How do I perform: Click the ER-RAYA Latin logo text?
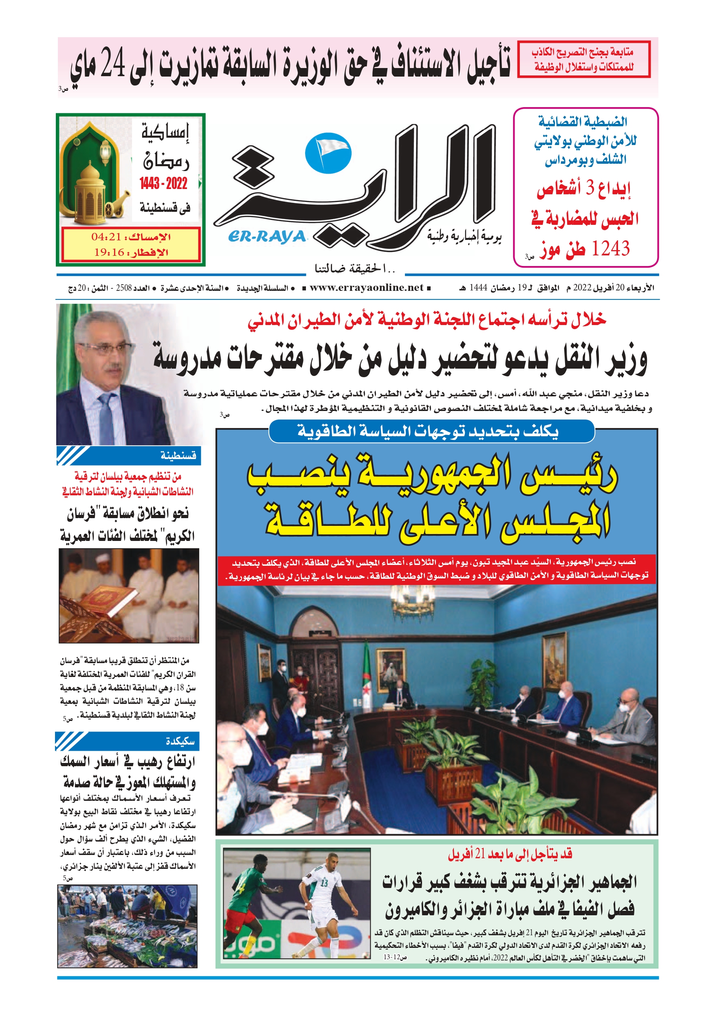click(267, 237)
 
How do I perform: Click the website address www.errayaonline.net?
click(366, 288)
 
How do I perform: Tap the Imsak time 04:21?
click(106, 237)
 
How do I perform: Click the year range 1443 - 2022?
click(163, 183)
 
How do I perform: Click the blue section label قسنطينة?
click(178, 455)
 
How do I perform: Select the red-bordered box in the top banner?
click(583, 60)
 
